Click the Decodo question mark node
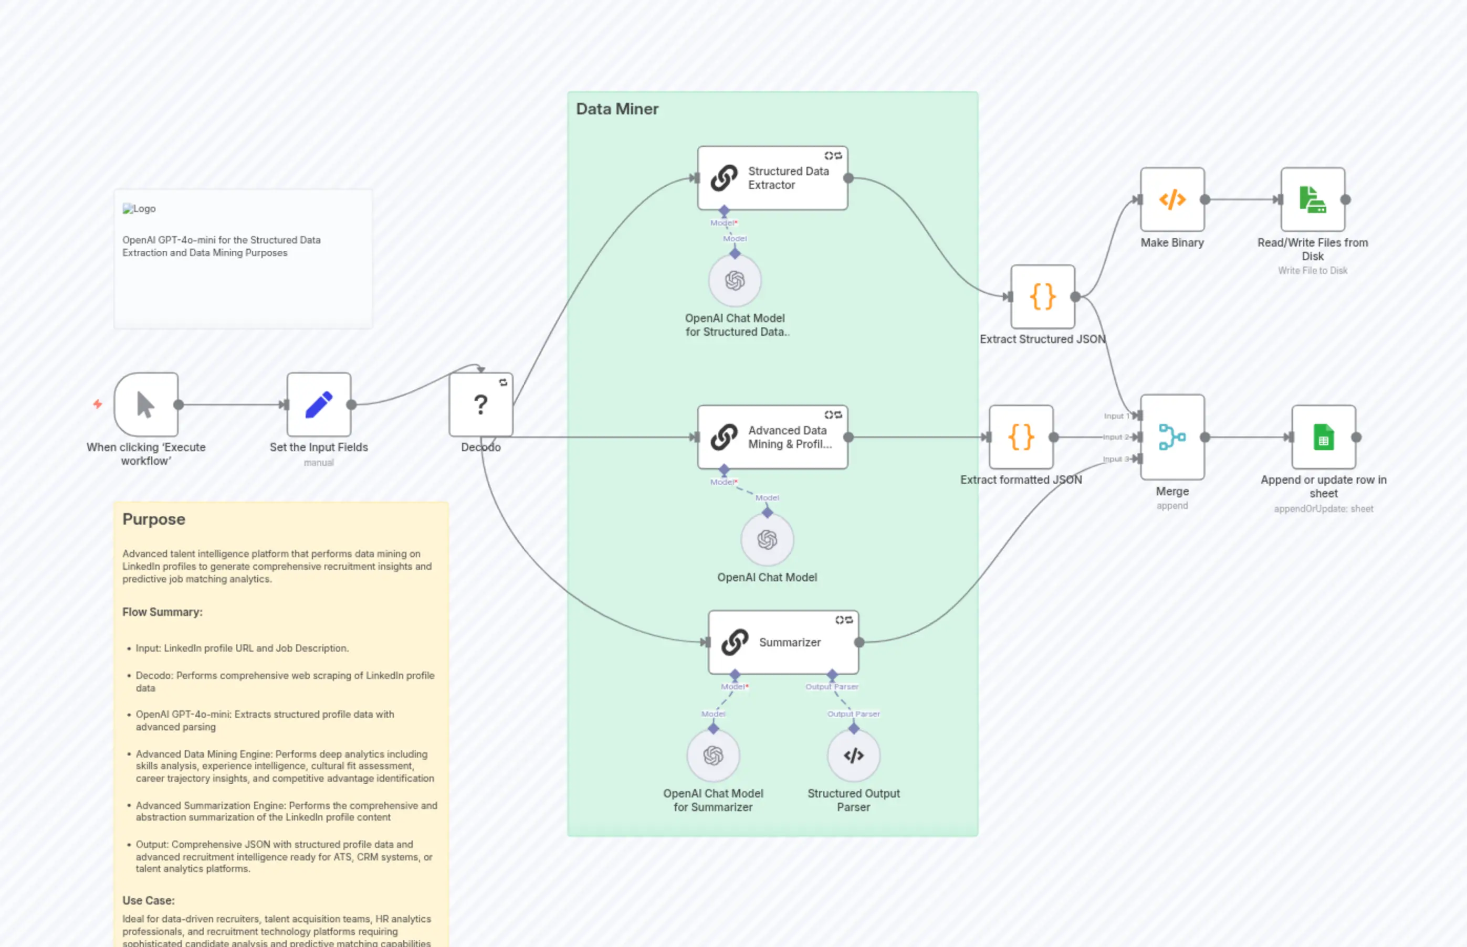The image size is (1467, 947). coord(480,405)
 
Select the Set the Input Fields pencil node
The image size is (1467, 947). coord(319,405)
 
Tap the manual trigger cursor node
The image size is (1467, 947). coord(146,405)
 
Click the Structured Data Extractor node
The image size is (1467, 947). coord(772,178)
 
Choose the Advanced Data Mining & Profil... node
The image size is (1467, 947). coord(772,437)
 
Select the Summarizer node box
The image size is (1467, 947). coord(783,642)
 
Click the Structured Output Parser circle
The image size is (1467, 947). coord(854,755)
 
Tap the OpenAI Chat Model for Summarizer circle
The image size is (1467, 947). coord(712,755)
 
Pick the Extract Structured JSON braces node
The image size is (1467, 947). coord(1042,297)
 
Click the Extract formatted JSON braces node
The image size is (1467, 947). coord(1021,437)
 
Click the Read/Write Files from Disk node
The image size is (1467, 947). coord(1313,199)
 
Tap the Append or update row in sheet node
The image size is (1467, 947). coord(1323,437)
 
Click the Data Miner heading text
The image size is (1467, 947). coord(616,109)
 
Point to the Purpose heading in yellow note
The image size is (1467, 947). coord(153,519)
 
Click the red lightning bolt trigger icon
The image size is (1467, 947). coord(97,404)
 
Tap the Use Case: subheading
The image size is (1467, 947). coord(148,900)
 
